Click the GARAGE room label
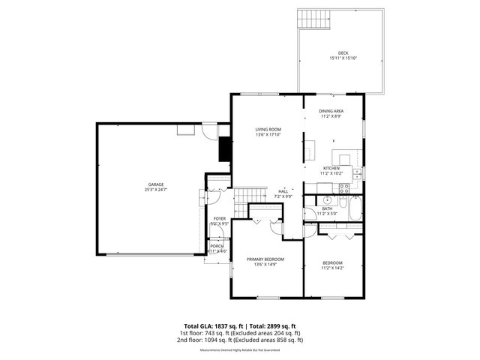[155, 184]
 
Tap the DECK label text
[343, 52]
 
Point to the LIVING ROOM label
[268, 130]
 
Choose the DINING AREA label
[331, 111]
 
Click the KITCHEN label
[331, 168]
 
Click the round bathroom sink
[328, 202]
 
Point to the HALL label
[283, 191]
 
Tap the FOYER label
[219, 218]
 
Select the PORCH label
[217, 246]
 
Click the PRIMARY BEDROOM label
[268, 259]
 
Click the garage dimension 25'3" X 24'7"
[155, 189]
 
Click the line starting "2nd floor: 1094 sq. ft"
[240, 340]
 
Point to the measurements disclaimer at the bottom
[240, 350]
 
